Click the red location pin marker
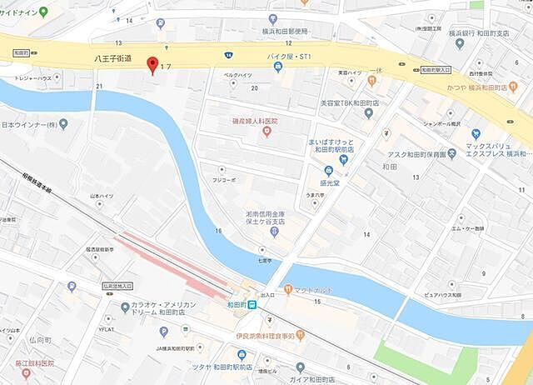click(152, 65)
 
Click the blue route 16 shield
click(227, 55)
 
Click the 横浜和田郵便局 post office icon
click(272, 18)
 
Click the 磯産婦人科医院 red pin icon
click(266, 132)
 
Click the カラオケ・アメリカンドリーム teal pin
click(125, 307)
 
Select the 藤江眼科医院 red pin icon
click(27, 372)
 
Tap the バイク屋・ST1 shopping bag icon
click(277, 67)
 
